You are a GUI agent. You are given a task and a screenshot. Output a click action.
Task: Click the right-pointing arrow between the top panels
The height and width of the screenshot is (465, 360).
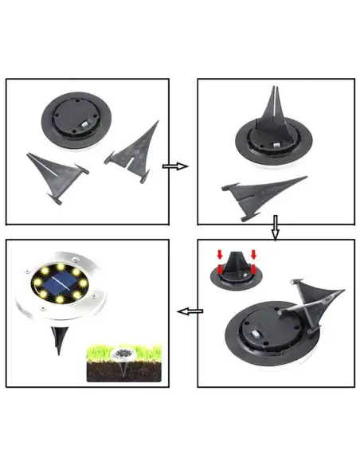pyautogui.click(x=174, y=166)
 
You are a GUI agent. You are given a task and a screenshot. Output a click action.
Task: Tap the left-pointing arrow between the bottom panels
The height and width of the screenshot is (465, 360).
pyautogui.click(x=188, y=311)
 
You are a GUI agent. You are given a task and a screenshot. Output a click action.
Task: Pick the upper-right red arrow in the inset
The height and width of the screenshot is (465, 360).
pyautogui.click(x=253, y=256)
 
